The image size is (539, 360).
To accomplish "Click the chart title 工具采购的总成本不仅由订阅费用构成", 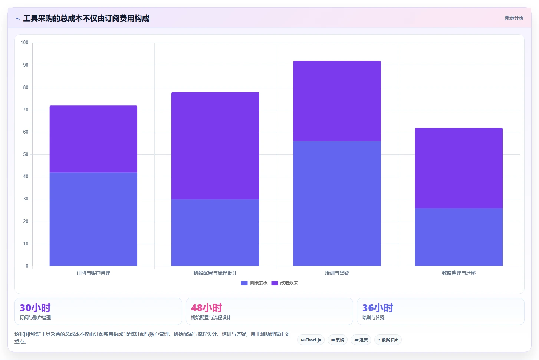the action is (86, 18).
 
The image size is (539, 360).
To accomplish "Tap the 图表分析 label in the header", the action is (514, 18).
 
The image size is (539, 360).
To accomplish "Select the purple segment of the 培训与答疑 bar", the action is (337, 101).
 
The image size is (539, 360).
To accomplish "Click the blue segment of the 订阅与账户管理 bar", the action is (93, 219).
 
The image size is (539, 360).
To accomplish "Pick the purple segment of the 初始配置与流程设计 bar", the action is (215, 146).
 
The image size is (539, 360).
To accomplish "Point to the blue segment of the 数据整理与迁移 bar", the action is (459, 237).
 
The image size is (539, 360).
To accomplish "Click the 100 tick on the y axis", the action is (24, 43).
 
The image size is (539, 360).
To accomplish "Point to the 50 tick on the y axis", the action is (26, 154).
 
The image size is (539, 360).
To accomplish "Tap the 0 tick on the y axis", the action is (27, 266).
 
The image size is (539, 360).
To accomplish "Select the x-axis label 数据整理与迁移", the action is (459, 273).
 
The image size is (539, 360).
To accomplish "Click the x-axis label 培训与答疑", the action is (337, 273).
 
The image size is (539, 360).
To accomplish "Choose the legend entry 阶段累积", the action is (254, 283).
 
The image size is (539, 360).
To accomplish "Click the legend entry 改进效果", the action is (285, 283).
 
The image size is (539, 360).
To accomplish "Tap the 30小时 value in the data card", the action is (35, 308).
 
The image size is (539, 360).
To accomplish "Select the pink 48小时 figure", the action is (207, 308).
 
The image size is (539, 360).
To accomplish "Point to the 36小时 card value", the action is (378, 308).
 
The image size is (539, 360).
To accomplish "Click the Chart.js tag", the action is (311, 340).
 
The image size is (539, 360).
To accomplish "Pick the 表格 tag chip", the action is (337, 340).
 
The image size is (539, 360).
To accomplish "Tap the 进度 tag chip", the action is (361, 340).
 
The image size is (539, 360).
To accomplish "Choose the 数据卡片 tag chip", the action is (388, 340).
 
